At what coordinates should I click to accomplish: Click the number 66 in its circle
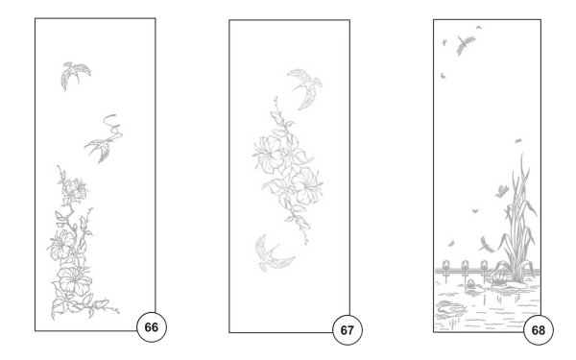click(x=152, y=327)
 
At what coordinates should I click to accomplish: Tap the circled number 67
click(x=348, y=330)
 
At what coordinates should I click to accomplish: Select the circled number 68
click(x=539, y=330)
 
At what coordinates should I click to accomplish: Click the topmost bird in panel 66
click(x=75, y=75)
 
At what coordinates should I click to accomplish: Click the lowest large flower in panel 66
click(x=75, y=280)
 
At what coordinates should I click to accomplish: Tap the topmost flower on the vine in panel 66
click(x=78, y=189)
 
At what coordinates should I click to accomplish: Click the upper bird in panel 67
click(x=305, y=87)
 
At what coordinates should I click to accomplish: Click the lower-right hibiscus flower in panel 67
click(x=307, y=186)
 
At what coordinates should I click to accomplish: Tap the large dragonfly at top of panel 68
click(x=465, y=44)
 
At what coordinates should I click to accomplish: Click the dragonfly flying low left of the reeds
click(x=487, y=246)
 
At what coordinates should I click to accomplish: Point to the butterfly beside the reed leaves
click(x=502, y=191)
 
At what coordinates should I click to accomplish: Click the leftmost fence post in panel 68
click(x=446, y=270)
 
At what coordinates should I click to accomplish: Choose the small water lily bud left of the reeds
click(x=470, y=283)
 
